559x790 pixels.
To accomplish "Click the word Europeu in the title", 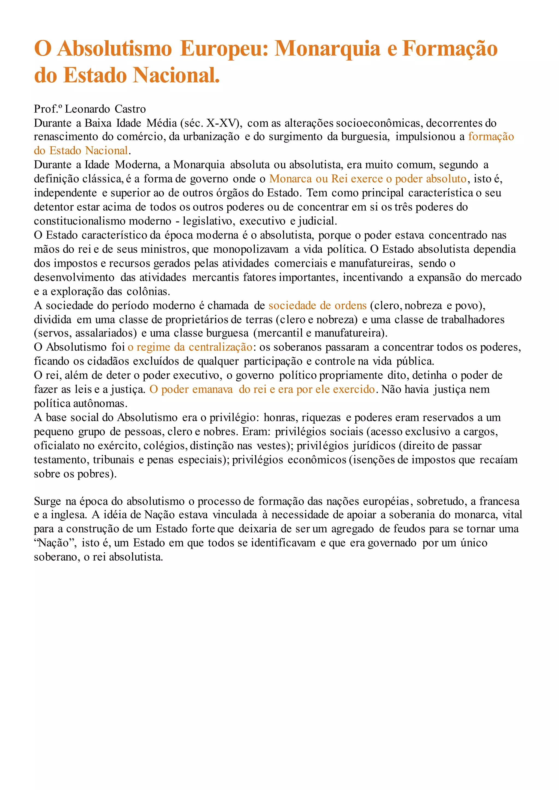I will click(x=224, y=49).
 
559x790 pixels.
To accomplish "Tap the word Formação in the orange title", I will click(x=450, y=49).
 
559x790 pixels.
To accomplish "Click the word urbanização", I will click(x=211, y=137).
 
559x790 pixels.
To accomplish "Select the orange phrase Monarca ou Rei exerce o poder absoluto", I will click(x=368, y=179).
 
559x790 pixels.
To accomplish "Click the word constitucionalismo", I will click(x=102, y=221).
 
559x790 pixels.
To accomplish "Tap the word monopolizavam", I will click(x=251, y=249).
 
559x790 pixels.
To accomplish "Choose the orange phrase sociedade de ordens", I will click(x=317, y=306).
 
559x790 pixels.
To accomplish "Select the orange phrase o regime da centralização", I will click(x=190, y=347).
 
